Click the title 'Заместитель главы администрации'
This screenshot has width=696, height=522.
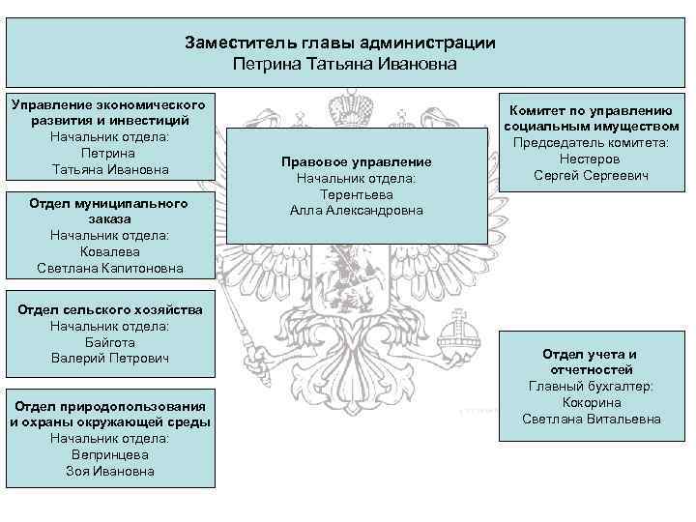[340, 43]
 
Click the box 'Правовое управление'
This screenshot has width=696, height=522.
[356, 186]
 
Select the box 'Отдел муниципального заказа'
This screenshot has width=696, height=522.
[109, 234]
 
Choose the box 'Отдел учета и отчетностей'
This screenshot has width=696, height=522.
[591, 386]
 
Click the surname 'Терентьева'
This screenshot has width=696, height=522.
[356, 194]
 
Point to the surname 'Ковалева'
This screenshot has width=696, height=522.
[109, 251]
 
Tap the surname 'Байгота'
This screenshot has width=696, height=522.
[109, 342]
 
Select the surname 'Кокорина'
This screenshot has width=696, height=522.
[591, 402]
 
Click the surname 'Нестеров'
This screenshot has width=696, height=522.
[591, 159]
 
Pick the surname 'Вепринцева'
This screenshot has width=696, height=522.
[109, 454]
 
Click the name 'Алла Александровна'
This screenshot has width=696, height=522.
[356, 211]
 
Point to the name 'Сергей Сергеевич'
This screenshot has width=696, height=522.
[591, 175]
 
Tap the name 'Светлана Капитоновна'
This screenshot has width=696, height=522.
[109, 268]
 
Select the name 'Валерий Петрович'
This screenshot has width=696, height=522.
[109, 359]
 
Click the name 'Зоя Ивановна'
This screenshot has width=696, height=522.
[109, 471]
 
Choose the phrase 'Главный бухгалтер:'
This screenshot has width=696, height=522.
[591, 386]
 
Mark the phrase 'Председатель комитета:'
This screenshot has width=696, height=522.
[591, 143]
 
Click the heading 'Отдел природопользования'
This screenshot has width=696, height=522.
[109, 405]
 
